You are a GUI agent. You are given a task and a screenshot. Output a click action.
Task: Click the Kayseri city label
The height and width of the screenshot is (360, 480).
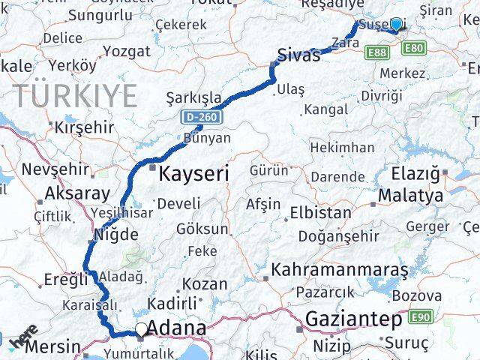[193, 174]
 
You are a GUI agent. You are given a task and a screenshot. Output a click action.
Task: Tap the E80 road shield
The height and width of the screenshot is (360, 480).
[413, 49]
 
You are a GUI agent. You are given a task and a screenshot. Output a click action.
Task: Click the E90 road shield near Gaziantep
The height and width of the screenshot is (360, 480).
[421, 317]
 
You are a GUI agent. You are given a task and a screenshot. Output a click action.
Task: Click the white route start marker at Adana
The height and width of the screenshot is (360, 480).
[141, 328]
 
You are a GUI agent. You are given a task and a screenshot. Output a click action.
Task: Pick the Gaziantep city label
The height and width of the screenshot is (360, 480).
[352, 319]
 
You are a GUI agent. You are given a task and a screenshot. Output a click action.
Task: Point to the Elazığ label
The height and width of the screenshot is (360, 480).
[415, 174]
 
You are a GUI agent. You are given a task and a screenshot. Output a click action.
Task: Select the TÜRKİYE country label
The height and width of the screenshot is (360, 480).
[75, 96]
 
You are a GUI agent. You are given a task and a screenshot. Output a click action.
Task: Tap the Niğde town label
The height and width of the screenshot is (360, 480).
[115, 234]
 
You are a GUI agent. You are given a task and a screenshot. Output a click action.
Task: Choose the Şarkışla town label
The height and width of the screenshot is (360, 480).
[194, 97]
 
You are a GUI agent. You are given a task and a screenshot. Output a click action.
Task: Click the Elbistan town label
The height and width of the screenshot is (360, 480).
[320, 212]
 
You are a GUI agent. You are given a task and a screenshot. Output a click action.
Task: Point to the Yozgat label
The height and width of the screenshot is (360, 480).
[127, 51]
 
